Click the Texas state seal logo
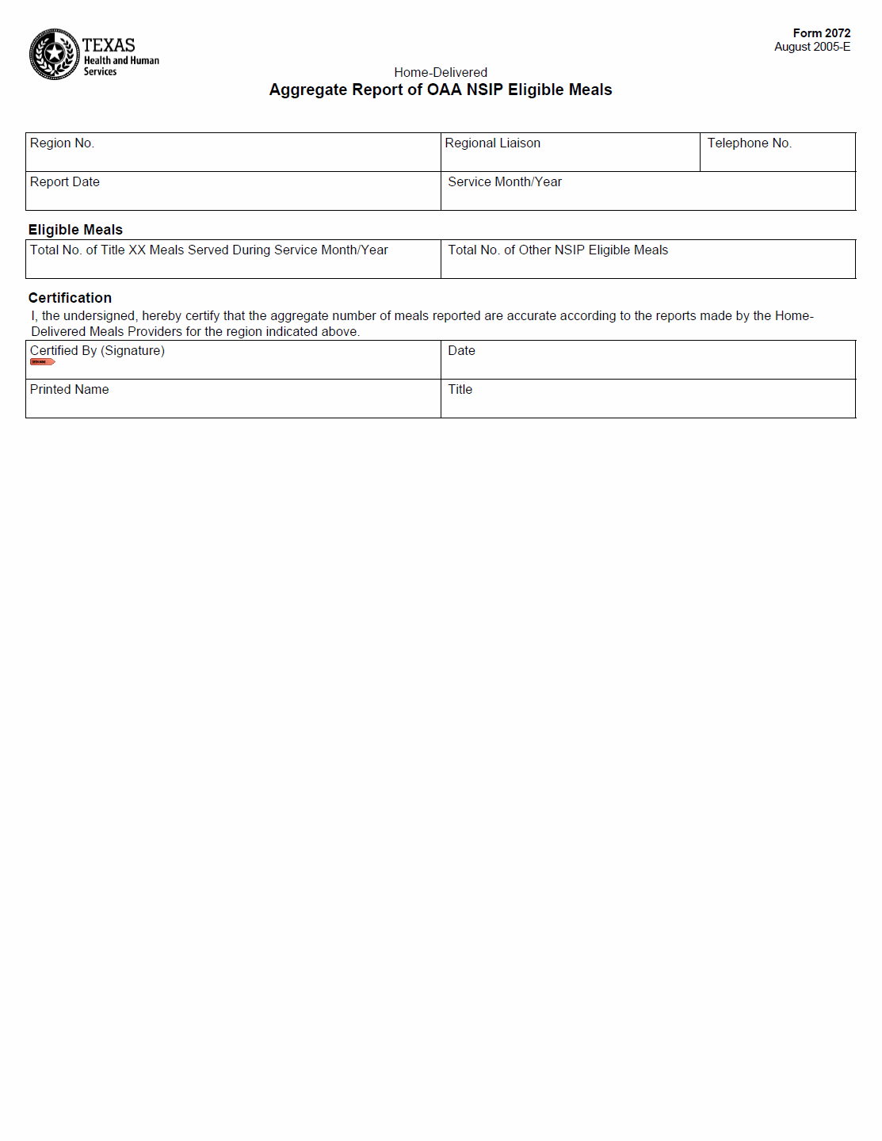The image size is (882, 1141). click(x=54, y=54)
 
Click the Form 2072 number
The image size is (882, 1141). click(x=821, y=33)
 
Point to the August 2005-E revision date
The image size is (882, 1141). click(x=812, y=47)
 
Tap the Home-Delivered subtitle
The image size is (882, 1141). click(x=441, y=72)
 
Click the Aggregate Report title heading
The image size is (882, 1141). click(x=441, y=90)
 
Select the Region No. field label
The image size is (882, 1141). click(x=62, y=143)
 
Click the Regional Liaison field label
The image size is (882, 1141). click(x=492, y=143)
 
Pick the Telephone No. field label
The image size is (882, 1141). click(x=749, y=143)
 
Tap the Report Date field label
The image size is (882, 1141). click(x=65, y=182)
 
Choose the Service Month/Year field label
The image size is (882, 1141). click(x=505, y=182)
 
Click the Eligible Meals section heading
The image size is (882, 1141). click(x=75, y=230)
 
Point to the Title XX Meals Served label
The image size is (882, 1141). click(x=209, y=250)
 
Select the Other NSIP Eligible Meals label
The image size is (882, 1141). click(x=558, y=250)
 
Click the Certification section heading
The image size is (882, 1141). click(x=70, y=298)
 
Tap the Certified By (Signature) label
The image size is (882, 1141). click(x=97, y=351)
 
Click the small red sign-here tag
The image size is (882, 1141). click(x=42, y=362)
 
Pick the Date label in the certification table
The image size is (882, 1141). click(x=461, y=351)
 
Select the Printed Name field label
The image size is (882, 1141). click(x=70, y=390)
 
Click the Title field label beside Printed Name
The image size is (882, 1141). click(x=460, y=390)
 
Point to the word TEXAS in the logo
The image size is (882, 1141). click(x=109, y=45)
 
